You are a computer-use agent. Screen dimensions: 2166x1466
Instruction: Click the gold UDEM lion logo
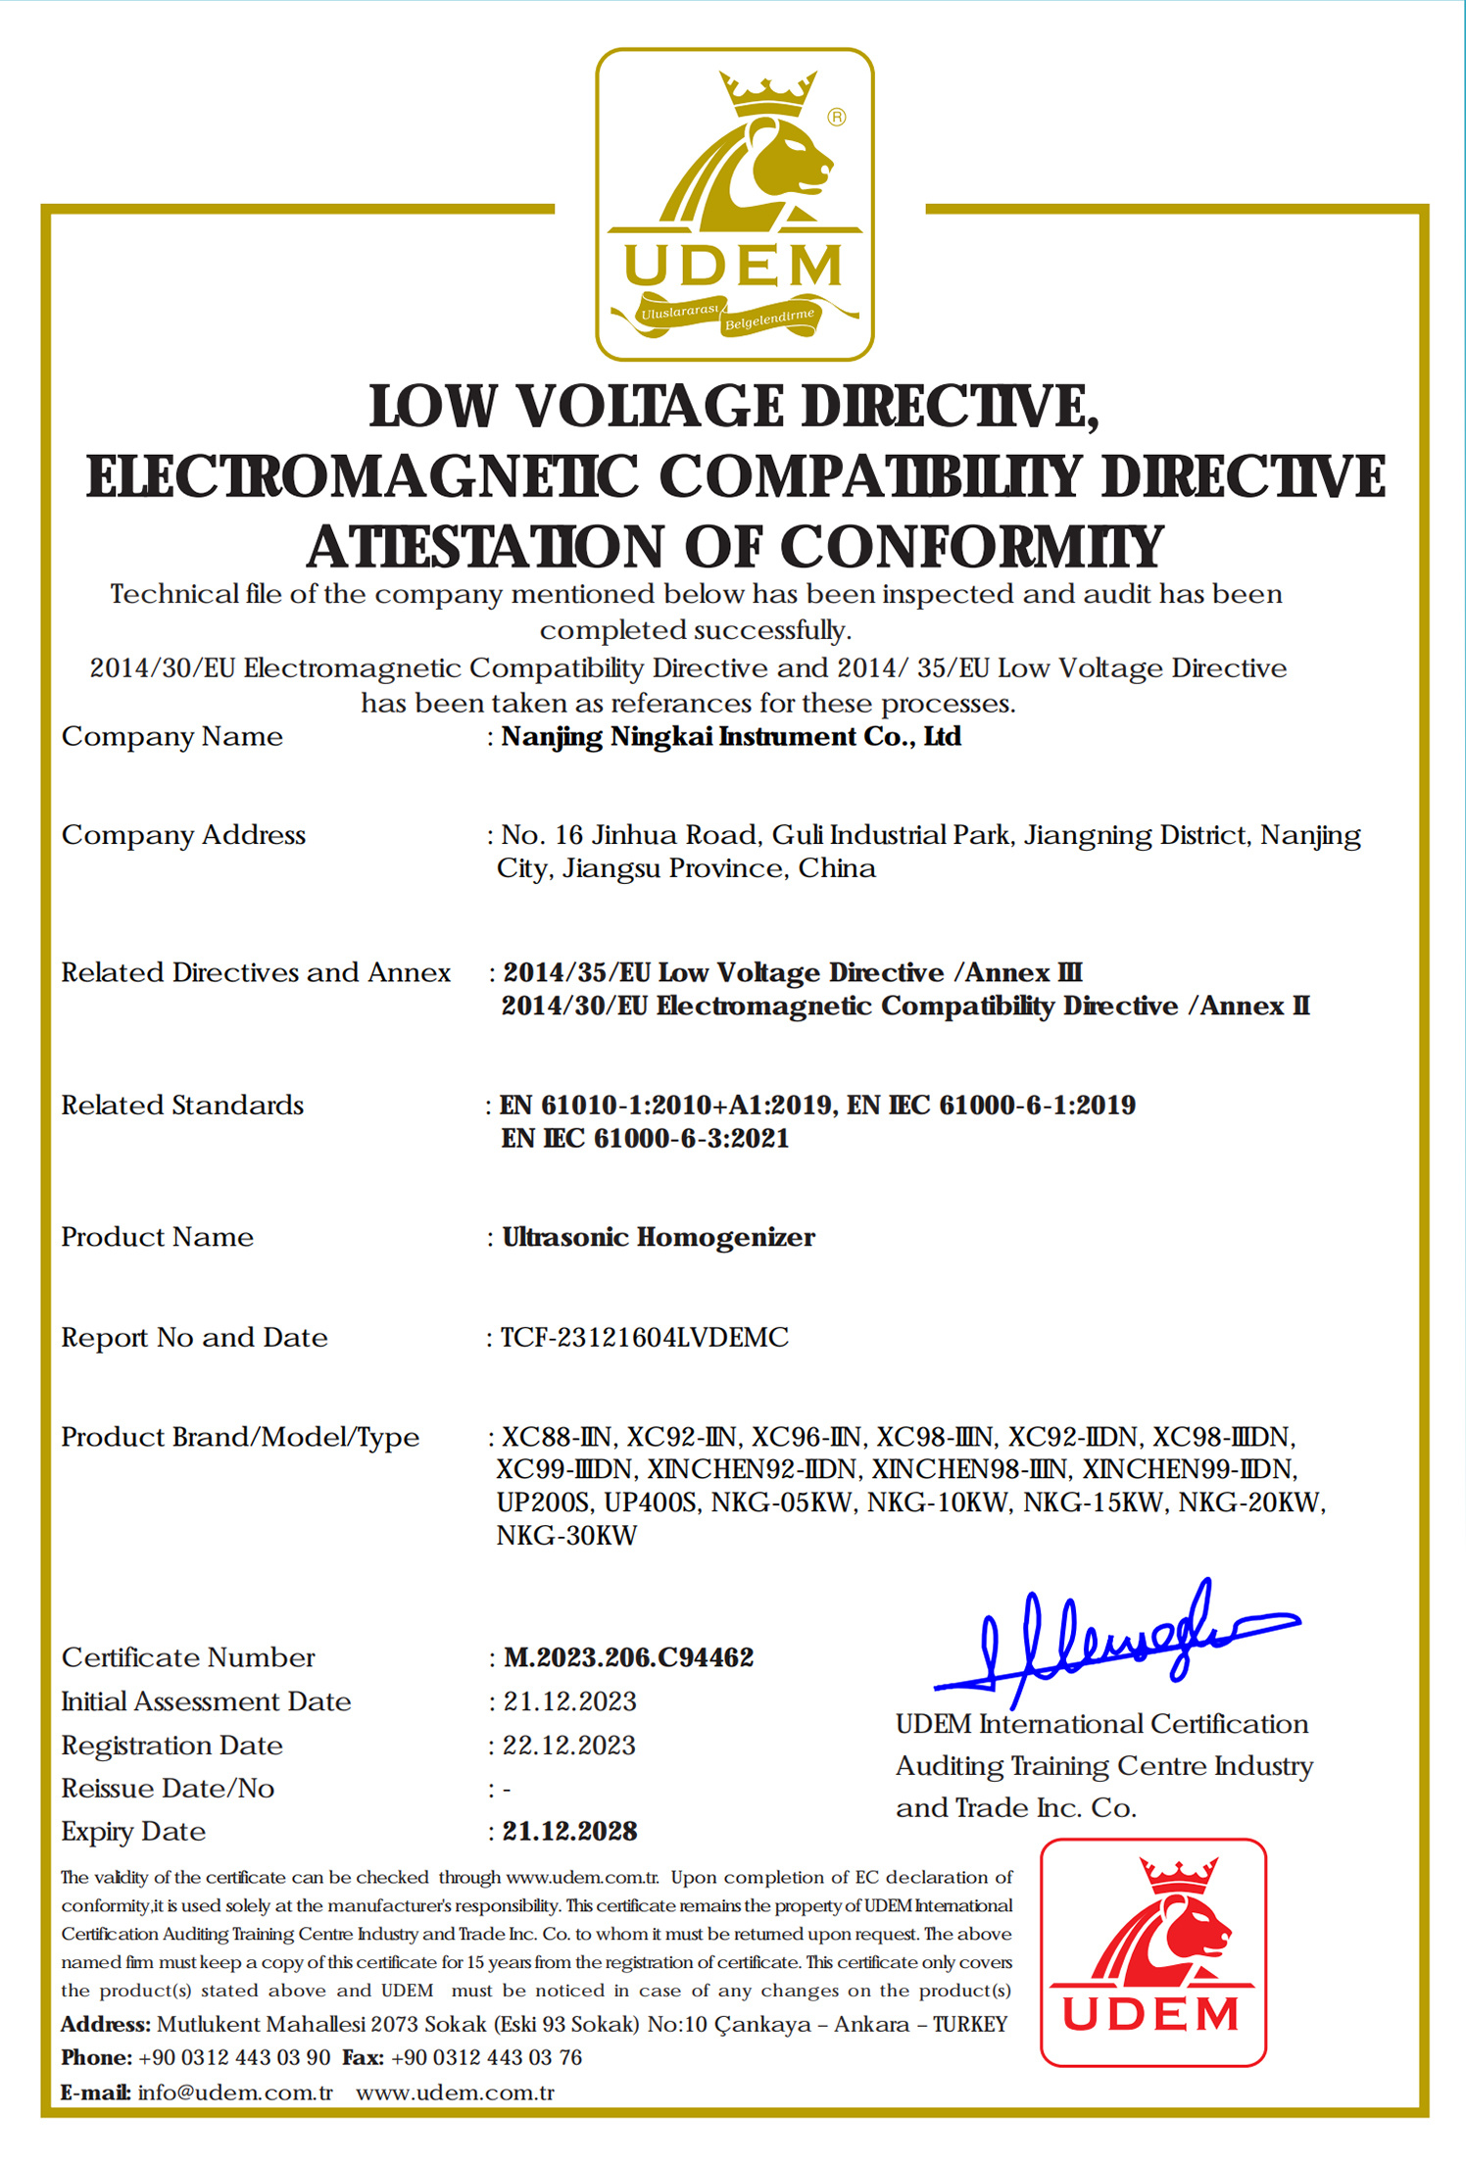click(735, 204)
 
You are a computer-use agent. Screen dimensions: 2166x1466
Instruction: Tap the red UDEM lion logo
click(1152, 1952)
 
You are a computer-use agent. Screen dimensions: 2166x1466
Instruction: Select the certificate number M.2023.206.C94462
click(628, 1657)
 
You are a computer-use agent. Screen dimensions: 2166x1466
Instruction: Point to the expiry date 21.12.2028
click(569, 1831)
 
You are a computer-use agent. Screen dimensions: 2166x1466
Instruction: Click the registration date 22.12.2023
click(569, 1745)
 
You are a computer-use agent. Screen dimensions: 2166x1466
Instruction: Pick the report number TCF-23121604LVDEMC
click(645, 1337)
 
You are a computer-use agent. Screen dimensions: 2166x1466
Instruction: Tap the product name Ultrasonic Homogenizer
click(659, 1237)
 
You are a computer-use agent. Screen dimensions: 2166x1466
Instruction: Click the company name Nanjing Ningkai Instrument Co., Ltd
click(731, 736)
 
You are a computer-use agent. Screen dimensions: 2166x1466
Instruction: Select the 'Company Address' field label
click(183, 835)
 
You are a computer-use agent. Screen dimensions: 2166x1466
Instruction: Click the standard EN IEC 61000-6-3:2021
click(645, 1138)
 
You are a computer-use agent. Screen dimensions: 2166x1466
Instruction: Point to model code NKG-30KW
click(566, 1535)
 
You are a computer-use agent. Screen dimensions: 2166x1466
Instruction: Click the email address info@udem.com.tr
click(235, 2092)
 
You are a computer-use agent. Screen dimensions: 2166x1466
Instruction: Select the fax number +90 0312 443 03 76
click(486, 2057)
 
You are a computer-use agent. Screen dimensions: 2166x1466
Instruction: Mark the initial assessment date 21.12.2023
click(569, 1701)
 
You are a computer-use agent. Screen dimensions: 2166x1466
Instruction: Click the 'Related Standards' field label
click(182, 1106)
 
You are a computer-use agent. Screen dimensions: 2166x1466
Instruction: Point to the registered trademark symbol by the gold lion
click(836, 118)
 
